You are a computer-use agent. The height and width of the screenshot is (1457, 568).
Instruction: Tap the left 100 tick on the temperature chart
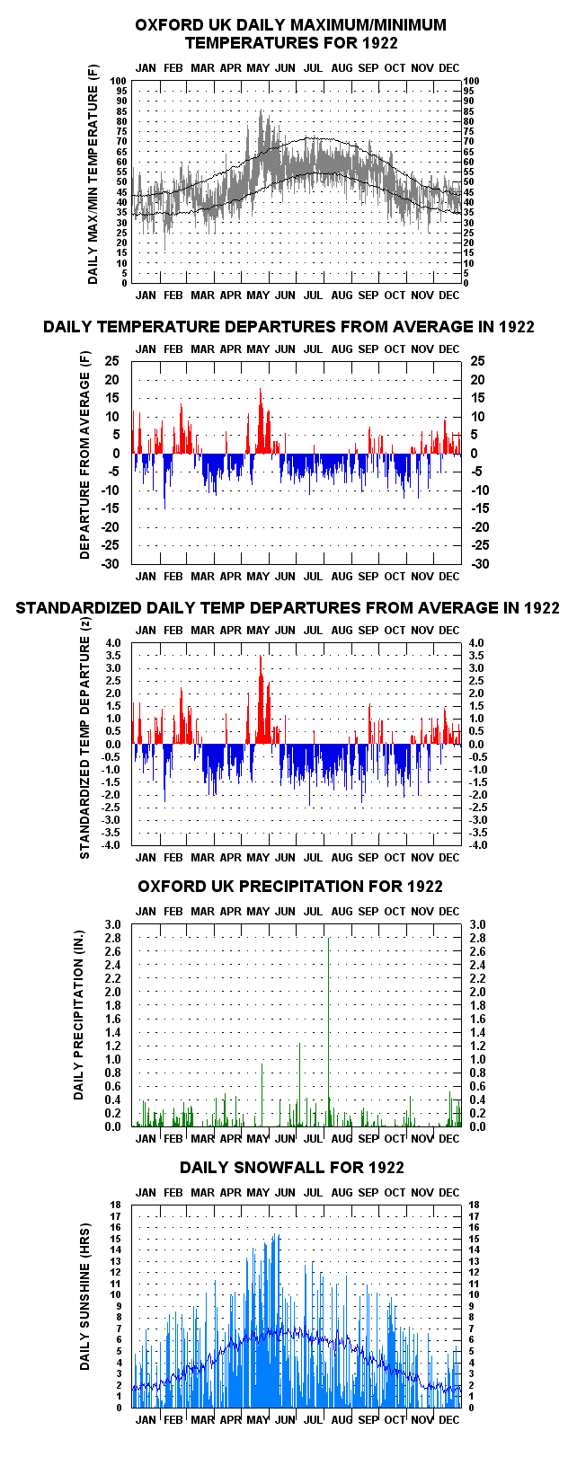(119, 82)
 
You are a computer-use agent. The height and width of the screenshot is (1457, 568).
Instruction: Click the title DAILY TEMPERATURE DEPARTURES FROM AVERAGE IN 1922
(288, 327)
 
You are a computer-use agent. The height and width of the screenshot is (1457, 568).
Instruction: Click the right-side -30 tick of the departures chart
(480, 564)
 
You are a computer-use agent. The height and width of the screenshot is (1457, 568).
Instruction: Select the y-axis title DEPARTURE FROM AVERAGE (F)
(84, 455)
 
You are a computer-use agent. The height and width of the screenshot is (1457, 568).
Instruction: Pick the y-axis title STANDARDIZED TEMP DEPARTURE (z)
(84, 737)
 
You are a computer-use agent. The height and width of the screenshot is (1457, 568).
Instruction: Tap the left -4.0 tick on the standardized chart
(111, 845)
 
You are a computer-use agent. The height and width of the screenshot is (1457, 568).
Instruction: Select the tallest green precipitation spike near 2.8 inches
(329, 1032)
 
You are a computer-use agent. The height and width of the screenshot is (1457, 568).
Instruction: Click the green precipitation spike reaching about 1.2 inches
(299, 1085)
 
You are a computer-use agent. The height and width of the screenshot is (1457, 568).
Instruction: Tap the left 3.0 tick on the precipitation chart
(112, 925)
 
